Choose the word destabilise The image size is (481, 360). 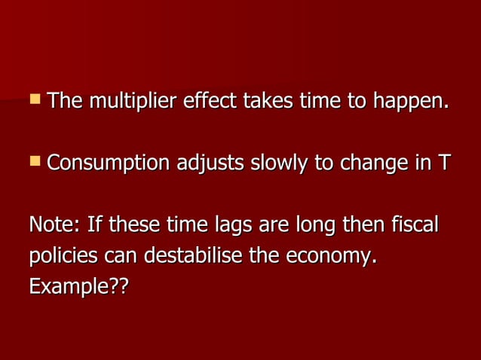click(193, 255)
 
